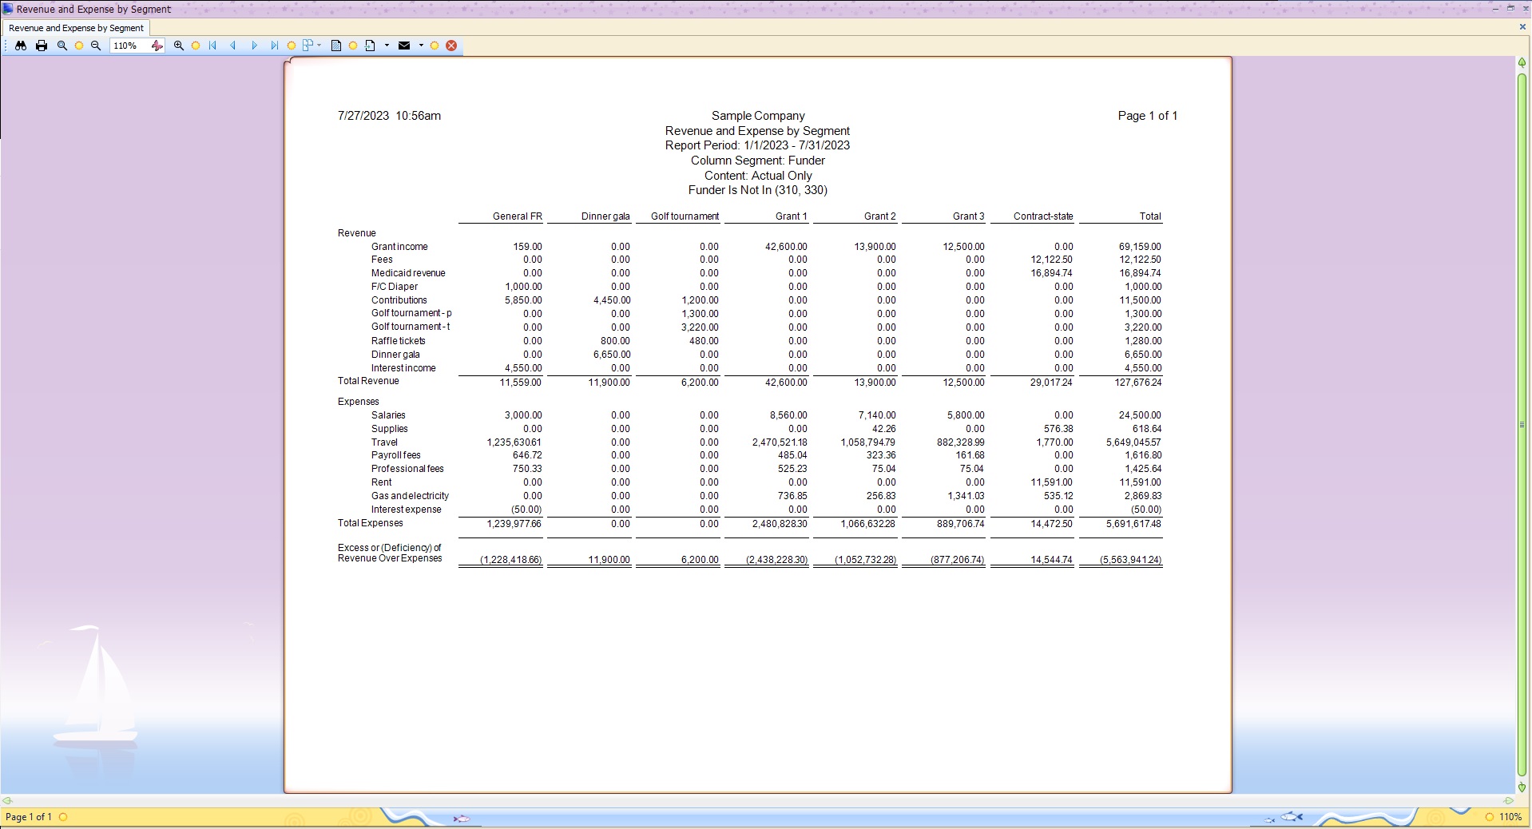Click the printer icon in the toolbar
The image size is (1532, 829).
42,46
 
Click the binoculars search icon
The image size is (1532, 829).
21,46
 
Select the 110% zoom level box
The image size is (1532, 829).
127,46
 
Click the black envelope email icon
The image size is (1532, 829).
404,46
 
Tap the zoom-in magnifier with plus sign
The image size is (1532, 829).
179,46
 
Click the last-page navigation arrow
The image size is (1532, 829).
274,46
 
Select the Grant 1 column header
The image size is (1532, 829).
791,216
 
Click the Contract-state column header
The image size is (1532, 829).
1042,216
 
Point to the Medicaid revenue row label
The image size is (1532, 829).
407,273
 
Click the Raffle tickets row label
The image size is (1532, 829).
398,341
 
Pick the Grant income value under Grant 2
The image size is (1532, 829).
875,247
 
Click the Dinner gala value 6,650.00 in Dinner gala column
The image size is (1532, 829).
611,355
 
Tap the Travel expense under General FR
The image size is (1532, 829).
514,442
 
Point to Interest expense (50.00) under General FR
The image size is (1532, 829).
526,510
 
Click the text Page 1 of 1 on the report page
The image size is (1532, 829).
1147,116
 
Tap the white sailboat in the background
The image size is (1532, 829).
96,687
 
